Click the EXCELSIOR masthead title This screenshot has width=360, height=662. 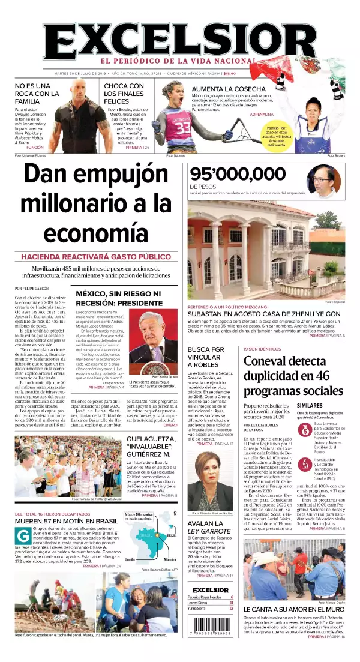click(180, 37)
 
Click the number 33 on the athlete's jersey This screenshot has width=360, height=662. click(183, 128)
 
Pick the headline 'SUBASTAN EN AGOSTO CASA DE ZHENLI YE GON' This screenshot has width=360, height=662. click(264, 314)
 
